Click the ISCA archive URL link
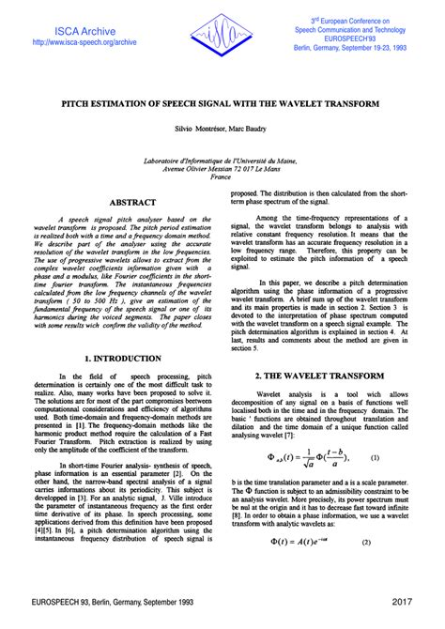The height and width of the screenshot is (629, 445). click(84, 42)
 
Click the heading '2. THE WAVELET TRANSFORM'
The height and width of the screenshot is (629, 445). click(322, 376)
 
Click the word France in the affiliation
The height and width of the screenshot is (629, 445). click(222, 176)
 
